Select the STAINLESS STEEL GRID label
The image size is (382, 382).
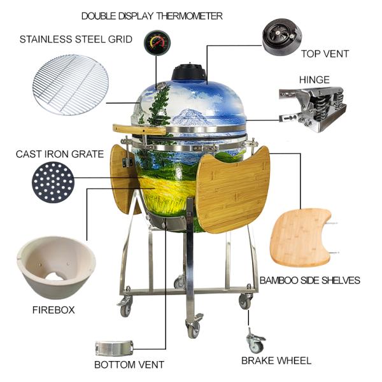tap(76, 39)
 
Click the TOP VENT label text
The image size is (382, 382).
tap(325, 54)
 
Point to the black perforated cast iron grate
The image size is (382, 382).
tap(53, 182)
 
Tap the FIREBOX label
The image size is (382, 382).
tap(53, 310)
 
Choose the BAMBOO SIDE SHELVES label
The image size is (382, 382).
tap(310, 280)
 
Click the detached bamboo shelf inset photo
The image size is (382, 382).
tap(301, 236)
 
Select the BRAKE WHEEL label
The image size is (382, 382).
tap(276, 360)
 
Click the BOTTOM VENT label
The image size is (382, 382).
tap(129, 365)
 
